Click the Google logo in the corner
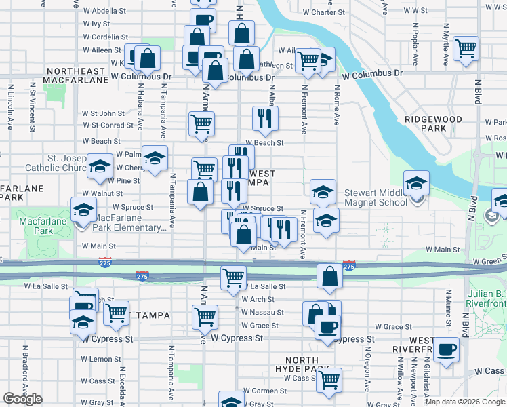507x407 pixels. coord(22,399)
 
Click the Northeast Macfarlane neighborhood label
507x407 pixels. coord(75,75)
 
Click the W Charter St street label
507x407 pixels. coord(323,12)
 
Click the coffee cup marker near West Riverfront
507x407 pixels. coord(447,350)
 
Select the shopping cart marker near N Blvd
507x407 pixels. coord(466,47)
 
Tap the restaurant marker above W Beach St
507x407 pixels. coord(265,119)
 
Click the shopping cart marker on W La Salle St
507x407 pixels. coord(233,277)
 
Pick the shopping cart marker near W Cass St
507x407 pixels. coord(329,380)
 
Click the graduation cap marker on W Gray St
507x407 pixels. coord(230,401)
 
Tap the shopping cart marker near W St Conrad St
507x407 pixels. coord(202,123)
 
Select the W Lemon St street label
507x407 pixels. coord(101,359)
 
